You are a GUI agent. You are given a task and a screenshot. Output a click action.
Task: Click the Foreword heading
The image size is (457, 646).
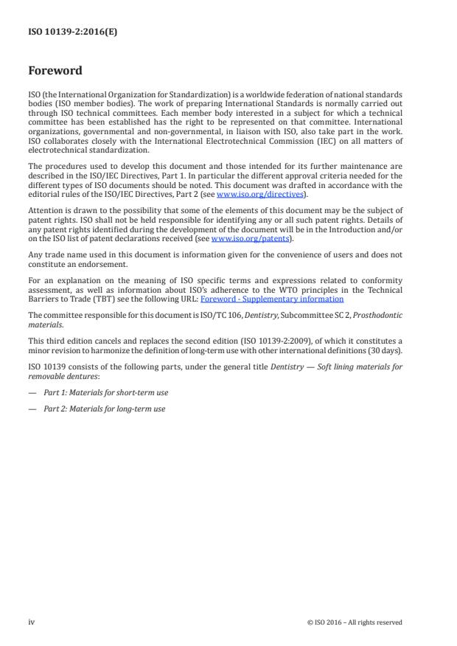click(x=55, y=72)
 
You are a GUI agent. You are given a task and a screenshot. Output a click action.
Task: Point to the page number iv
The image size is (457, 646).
click(x=32, y=622)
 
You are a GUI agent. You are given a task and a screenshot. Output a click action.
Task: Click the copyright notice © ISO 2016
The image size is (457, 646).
click(x=355, y=622)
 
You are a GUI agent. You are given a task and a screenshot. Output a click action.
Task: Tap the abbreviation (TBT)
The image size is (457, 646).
click(x=114, y=299)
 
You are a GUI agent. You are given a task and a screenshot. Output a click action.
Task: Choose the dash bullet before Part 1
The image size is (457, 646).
click(x=32, y=392)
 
